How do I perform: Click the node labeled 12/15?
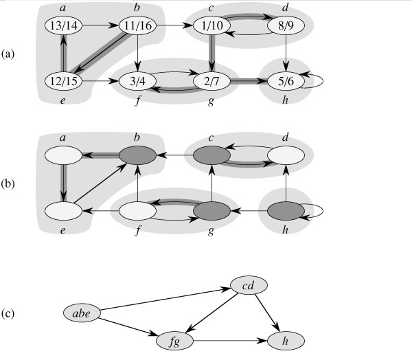click(63, 81)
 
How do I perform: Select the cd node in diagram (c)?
click(247, 283)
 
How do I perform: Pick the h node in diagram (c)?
click(286, 339)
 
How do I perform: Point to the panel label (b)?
click(9, 183)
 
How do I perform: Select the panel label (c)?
click(9, 315)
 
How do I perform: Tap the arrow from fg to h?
click(230, 339)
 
